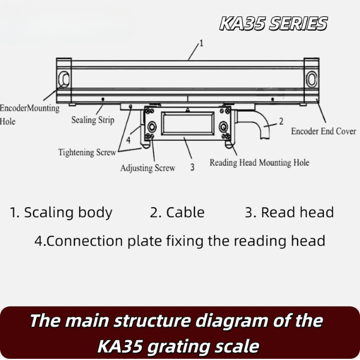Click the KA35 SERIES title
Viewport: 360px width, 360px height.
pyautogui.click(x=273, y=23)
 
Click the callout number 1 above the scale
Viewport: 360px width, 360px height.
pyautogui.click(x=201, y=43)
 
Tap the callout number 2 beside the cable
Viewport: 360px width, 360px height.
pyautogui.click(x=281, y=121)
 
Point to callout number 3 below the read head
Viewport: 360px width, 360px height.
pyautogui.click(x=193, y=167)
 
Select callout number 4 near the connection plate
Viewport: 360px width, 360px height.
pyautogui.click(x=128, y=140)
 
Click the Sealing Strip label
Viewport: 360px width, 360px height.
pyautogui.click(x=93, y=120)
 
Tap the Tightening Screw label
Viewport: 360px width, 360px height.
pyautogui.click(x=87, y=152)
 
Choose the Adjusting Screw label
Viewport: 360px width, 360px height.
pyautogui.click(x=148, y=168)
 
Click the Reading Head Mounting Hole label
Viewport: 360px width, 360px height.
pyautogui.click(x=259, y=163)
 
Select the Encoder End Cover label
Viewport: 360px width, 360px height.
pyautogui.click(x=323, y=131)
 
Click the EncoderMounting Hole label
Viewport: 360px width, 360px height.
pyautogui.click(x=29, y=115)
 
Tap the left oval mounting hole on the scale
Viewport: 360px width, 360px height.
pyautogui.click(x=64, y=79)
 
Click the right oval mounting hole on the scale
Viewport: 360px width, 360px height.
pyautogui.click(x=311, y=79)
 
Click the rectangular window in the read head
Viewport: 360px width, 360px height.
pyautogui.click(x=188, y=124)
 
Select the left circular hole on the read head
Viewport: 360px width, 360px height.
pyautogui.click(x=152, y=127)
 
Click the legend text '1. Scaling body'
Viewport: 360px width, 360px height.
pyautogui.click(x=61, y=212)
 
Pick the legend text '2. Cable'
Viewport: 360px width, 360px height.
pyautogui.click(x=177, y=212)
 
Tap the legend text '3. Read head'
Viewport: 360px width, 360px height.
pyautogui.click(x=289, y=212)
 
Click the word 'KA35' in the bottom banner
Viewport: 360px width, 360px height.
pyautogui.click(x=119, y=346)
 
